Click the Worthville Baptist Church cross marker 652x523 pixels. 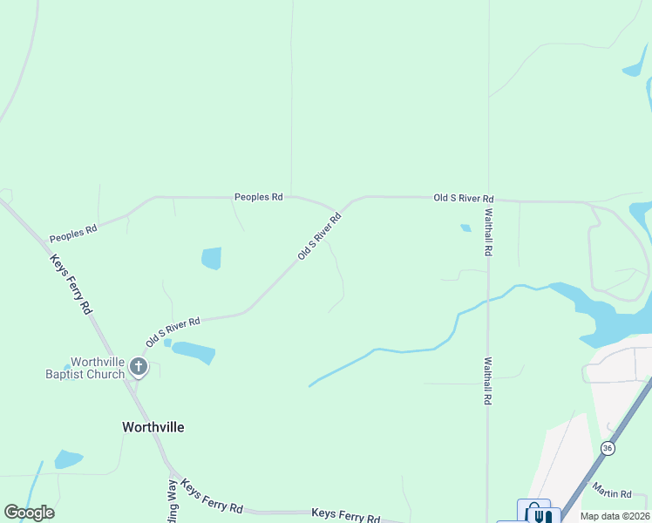(x=138, y=367)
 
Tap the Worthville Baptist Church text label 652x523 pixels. (x=85, y=368)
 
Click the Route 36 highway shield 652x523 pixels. (x=608, y=447)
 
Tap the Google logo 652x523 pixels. (x=29, y=513)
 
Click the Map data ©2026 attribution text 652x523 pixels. (x=615, y=516)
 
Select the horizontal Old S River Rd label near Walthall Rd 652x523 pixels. (x=464, y=199)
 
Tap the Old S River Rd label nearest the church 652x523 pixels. (x=173, y=332)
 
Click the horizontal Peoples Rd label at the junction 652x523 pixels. (x=258, y=197)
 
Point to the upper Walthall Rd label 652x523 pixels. (x=488, y=231)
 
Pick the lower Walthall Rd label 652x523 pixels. (x=488, y=381)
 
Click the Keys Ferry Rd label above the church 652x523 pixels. (x=71, y=284)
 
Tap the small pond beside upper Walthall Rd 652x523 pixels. (x=465, y=228)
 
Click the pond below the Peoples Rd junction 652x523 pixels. (x=211, y=258)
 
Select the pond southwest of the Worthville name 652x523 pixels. (x=68, y=458)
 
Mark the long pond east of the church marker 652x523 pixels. (x=194, y=352)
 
